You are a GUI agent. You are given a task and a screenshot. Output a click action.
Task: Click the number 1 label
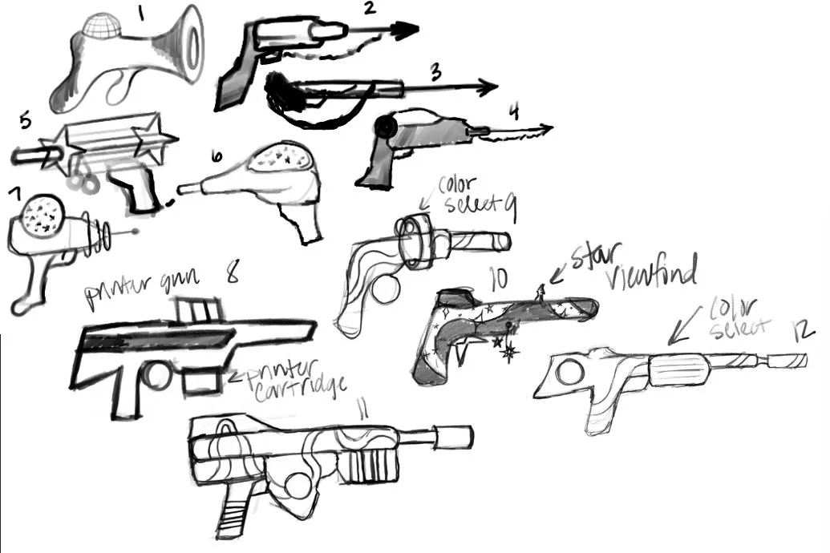(x=141, y=14)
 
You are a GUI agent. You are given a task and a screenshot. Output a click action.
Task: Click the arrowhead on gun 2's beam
(x=405, y=30)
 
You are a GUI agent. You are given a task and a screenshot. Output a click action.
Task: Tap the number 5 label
(x=24, y=122)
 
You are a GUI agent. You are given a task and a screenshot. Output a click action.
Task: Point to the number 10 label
(x=498, y=277)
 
